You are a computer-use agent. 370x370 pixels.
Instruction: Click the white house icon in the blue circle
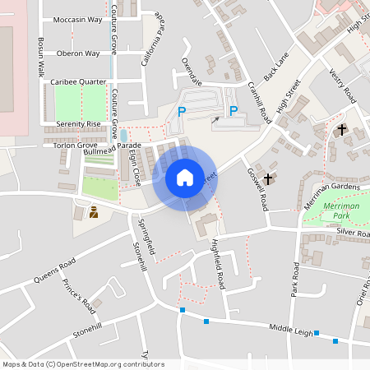(x=185, y=178)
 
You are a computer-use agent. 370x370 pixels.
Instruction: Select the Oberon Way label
(x=79, y=53)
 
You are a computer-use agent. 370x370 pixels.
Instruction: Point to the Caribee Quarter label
(x=79, y=82)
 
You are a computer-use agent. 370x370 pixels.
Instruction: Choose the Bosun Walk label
(x=41, y=57)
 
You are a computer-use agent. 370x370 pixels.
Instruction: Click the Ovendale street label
(x=191, y=72)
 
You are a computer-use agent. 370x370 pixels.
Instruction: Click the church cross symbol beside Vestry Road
(x=342, y=129)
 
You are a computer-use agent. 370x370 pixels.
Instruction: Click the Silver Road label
(x=352, y=233)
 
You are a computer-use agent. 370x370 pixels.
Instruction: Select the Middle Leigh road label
(x=292, y=331)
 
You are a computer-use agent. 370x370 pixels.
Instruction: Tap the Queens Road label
(x=55, y=271)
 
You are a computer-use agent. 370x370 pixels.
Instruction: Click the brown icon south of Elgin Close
(x=93, y=212)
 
